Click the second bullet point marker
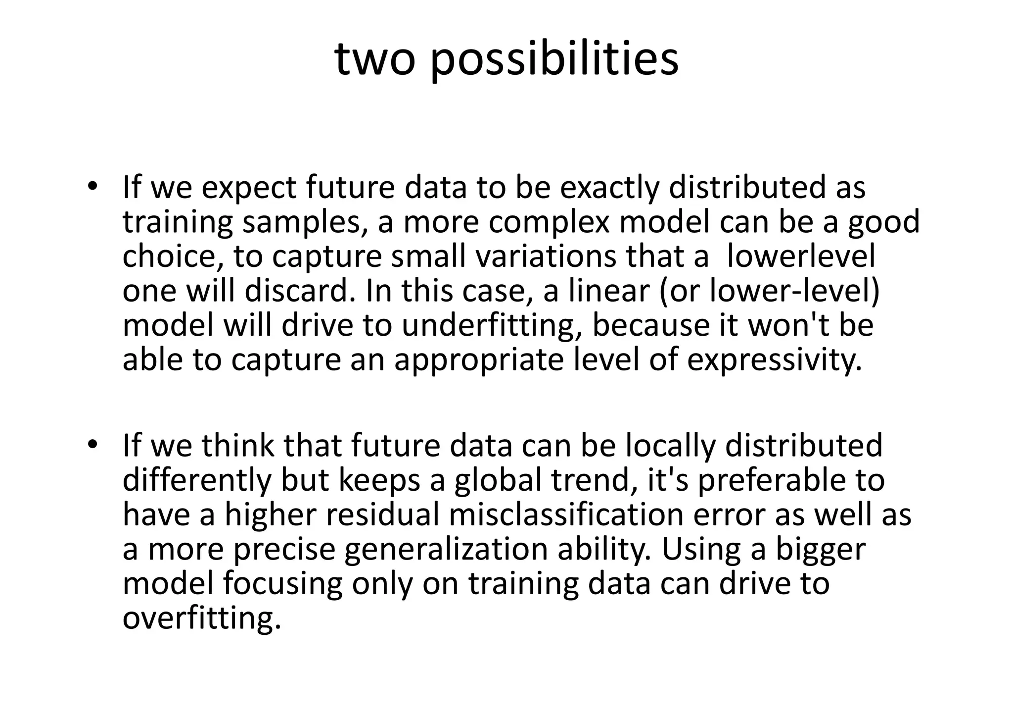click(92, 445)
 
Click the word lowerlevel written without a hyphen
click(801, 256)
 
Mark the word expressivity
click(775, 360)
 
